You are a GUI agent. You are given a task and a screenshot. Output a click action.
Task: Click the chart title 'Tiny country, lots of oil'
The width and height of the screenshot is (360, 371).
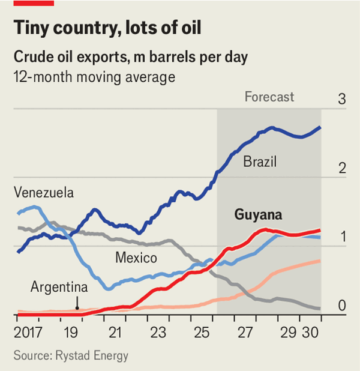tap(107, 28)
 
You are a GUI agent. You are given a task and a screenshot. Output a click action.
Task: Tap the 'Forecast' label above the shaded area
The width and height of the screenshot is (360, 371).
tap(269, 97)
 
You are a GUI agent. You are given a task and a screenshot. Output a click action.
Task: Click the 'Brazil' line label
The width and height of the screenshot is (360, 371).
tap(260, 162)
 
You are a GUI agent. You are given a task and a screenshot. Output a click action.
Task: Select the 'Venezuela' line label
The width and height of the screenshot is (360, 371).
tap(43, 193)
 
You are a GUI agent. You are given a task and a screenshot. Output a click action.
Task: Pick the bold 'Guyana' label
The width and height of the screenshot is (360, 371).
tap(258, 215)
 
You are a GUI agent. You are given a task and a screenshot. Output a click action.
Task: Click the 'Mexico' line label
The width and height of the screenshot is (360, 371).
tap(136, 258)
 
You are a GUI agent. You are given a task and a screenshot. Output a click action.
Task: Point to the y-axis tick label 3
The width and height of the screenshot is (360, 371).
tap(342, 99)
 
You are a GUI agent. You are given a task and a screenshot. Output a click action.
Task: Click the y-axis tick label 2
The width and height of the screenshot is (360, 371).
tap(342, 168)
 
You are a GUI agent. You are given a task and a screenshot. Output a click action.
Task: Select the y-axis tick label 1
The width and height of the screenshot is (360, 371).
tap(342, 237)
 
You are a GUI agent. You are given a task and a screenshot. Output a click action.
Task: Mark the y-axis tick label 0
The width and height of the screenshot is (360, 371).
tap(342, 306)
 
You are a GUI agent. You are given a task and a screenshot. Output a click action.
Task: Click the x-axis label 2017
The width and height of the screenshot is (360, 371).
tap(28, 331)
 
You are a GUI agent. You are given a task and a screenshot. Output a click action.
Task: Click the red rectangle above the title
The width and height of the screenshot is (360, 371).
tap(34, 3)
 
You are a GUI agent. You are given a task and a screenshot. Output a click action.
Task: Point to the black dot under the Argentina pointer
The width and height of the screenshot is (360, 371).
tap(77, 308)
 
